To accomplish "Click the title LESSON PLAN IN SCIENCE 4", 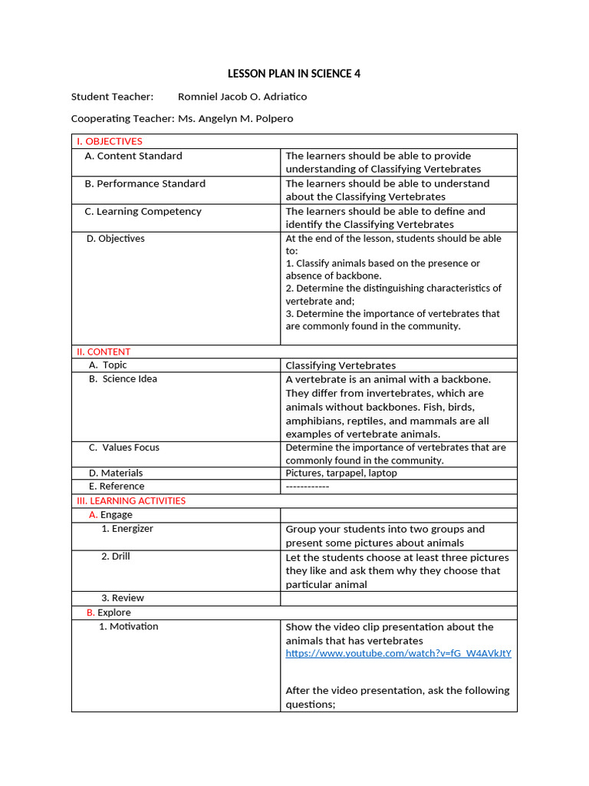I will (294, 74).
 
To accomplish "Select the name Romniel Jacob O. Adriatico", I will (242, 97).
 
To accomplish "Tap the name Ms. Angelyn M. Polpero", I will (235, 119).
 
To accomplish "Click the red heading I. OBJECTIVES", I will (109, 141).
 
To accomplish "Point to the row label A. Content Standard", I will (133, 156).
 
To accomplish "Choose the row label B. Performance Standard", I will (145, 183).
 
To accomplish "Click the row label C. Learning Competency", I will (143, 211).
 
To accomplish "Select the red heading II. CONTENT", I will (103, 352).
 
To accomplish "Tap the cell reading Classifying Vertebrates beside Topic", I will (341, 365).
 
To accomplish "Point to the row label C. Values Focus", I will (124, 447).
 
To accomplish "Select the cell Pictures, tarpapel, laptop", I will (341, 474).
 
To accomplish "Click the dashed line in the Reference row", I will (307, 487).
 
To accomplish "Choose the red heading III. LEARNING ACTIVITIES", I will (130, 500).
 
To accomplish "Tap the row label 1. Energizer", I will (127, 529).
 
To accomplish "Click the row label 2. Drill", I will (116, 556).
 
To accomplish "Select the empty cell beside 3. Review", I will (398, 598).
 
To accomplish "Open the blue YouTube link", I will (398, 653).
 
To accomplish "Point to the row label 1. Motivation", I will (129, 626).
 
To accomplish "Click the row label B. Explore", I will (109, 613).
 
